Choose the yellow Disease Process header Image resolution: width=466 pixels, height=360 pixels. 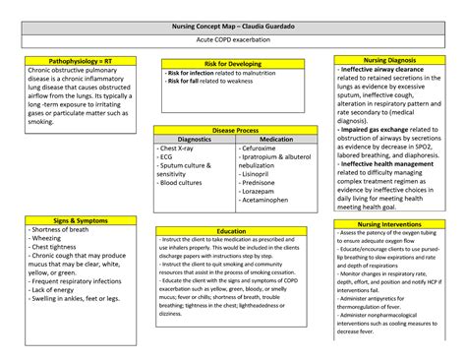point(232,130)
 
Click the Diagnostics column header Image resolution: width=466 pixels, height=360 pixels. point(194,140)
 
